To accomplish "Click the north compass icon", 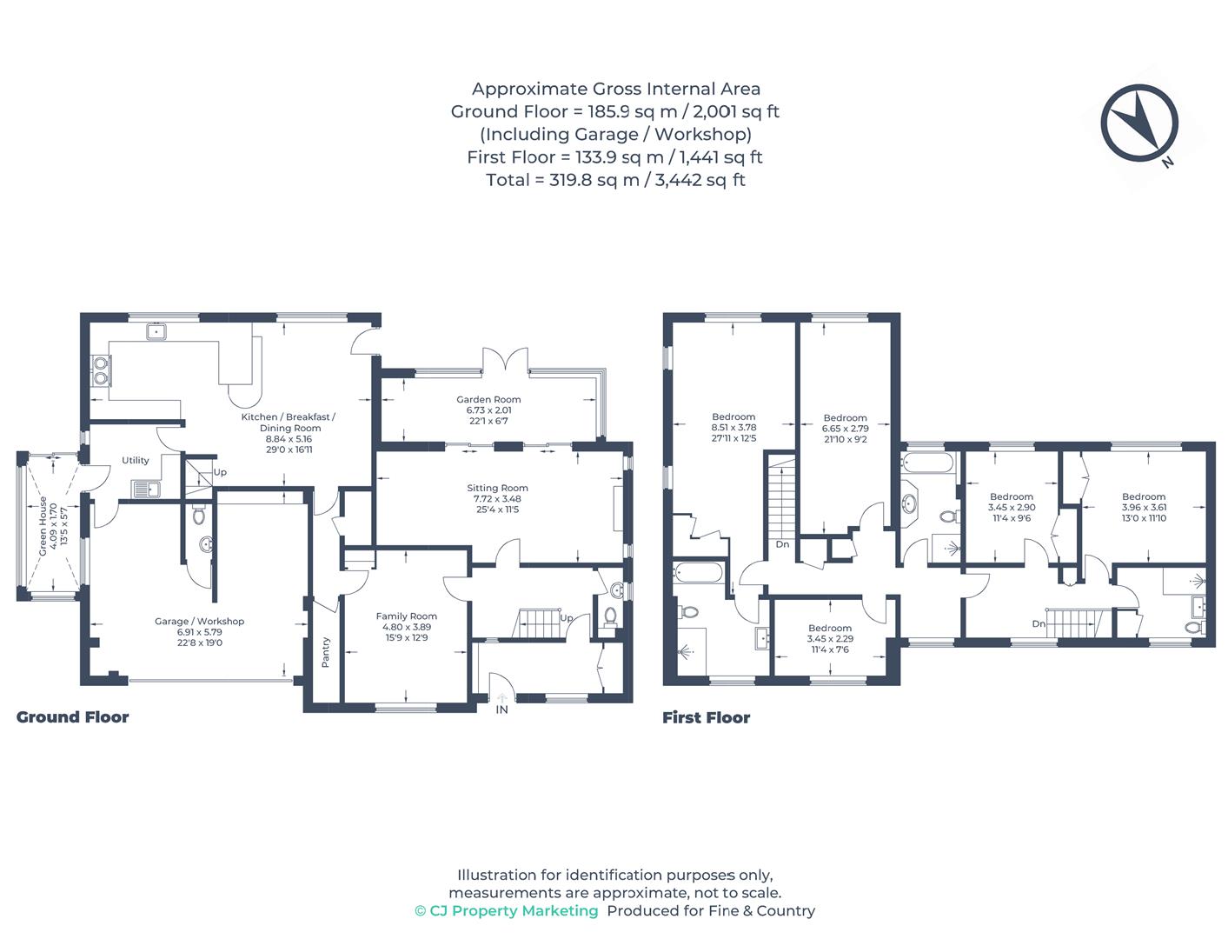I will pyautogui.click(x=1139, y=123).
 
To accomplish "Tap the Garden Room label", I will pyautogui.click(x=488, y=400).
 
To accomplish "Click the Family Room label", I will pyautogui.click(x=406, y=616).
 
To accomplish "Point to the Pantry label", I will pyautogui.click(x=326, y=651).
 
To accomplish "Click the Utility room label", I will pyautogui.click(x=136, y=460).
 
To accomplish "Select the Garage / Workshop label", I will pyautogui.click(x=199, y=622).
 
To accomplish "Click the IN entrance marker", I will pyautogui.click(x=501, y=709).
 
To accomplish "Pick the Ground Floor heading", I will pyautogui.click(x=72, y=717).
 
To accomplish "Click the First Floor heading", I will pyautogui.click(x=706, y=717).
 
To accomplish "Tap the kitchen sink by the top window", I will pyautogui.click(x=157, y=331).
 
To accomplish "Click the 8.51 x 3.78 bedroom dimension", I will pyautogui.click(x=733, y=428).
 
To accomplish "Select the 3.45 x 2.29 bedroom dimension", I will pyautogui.click(x=830, y=639).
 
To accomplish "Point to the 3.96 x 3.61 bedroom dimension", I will pyautogui.click(x=1144, y=508).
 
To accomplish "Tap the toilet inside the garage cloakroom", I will pyautogui.click(x=199, y=516).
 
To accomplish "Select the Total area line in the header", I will pyautogui.click(x=615, y=180).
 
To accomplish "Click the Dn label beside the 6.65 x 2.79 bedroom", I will pyautogui.click(x=782, y=544).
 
